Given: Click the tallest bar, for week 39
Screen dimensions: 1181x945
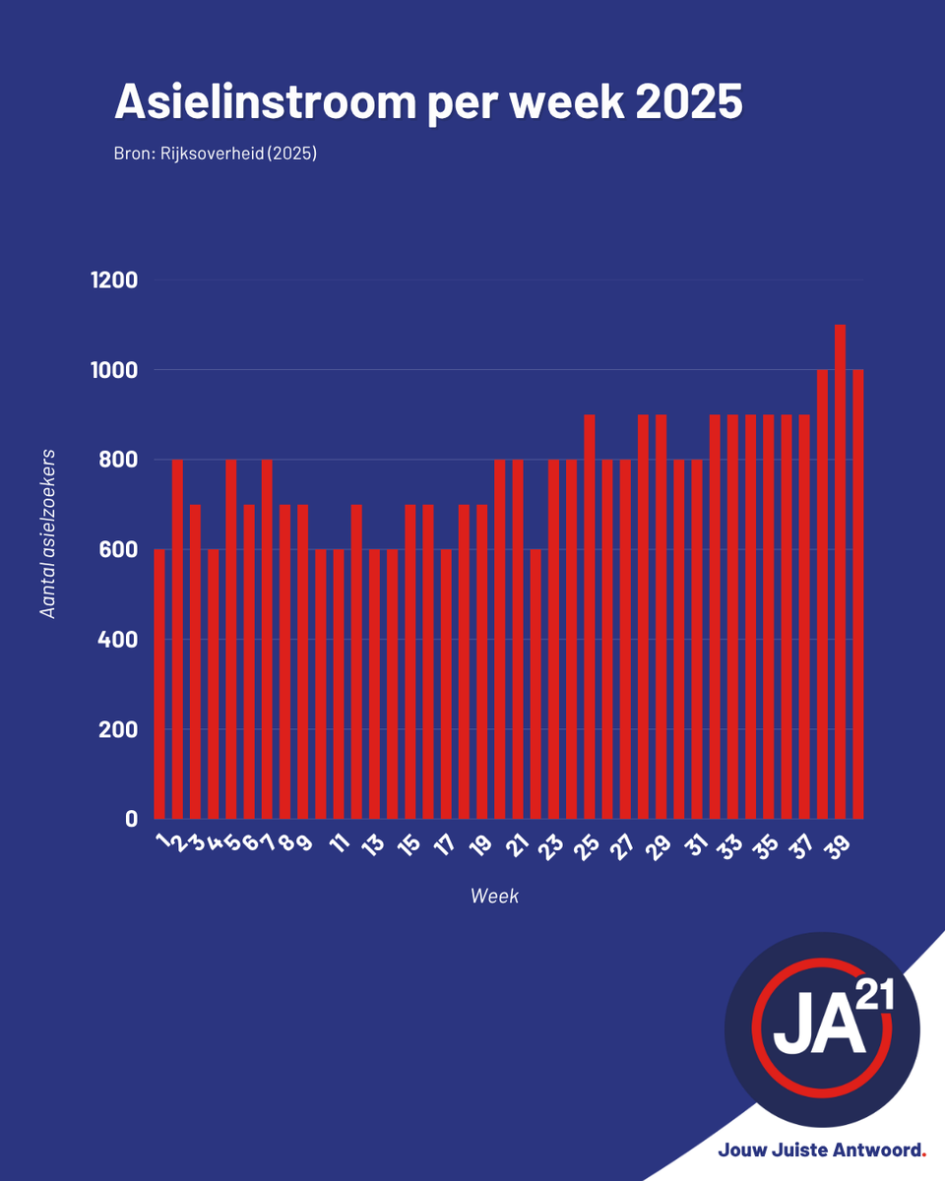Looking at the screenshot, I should click(x=840, y=571).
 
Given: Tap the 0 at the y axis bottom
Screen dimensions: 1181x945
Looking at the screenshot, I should click(x=131, y=819).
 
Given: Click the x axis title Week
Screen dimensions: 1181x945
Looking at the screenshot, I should click(x=494, y=897).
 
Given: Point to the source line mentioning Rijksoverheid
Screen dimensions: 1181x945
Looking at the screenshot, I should click(x=215, y=154).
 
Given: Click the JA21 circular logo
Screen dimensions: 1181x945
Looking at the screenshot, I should click(x=822, y=1029).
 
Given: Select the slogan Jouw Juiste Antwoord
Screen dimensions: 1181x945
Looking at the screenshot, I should click(x=822, y=1150).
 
